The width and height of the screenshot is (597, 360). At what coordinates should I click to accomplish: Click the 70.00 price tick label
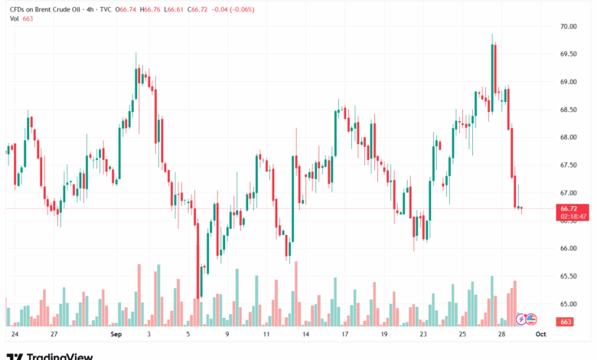(567, 26)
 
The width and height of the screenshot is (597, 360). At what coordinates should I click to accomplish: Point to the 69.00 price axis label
(567, 82)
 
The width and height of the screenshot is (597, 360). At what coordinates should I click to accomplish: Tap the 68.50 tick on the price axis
(567, 110)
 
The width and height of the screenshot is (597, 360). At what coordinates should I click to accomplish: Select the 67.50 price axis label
(567, 165)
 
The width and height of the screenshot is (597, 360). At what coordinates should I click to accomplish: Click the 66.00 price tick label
(567, 249)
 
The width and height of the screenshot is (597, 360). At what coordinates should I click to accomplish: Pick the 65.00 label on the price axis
(567, 304)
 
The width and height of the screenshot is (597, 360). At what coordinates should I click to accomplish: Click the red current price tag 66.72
(567, 208)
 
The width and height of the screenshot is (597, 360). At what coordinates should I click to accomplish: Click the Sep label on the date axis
(116, 335)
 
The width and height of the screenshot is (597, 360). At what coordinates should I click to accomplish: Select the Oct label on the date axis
(540, 335)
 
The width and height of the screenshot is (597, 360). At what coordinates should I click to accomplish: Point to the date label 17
(345, 335)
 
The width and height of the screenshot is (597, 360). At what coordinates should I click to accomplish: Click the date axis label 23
(423, 335)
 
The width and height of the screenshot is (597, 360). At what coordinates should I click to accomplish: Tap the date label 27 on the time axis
(54, 335)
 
